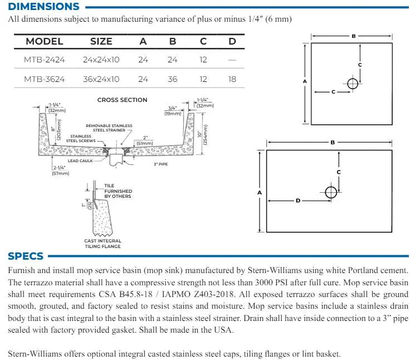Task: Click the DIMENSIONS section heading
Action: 43,7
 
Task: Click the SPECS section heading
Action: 26,256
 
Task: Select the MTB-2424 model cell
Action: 44,60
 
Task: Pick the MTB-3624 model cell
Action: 44,79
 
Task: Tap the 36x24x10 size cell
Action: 101,79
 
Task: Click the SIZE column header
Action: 101,41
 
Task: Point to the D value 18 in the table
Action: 232,79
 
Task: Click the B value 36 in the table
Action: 173,79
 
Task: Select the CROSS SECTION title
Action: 122,100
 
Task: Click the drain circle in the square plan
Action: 352,84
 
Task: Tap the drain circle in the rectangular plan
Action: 331,192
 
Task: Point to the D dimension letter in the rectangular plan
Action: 298,201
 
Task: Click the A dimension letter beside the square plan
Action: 305,81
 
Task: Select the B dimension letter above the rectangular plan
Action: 333,142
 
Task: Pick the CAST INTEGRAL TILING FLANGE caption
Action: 102,244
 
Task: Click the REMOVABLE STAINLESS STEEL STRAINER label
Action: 109,128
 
